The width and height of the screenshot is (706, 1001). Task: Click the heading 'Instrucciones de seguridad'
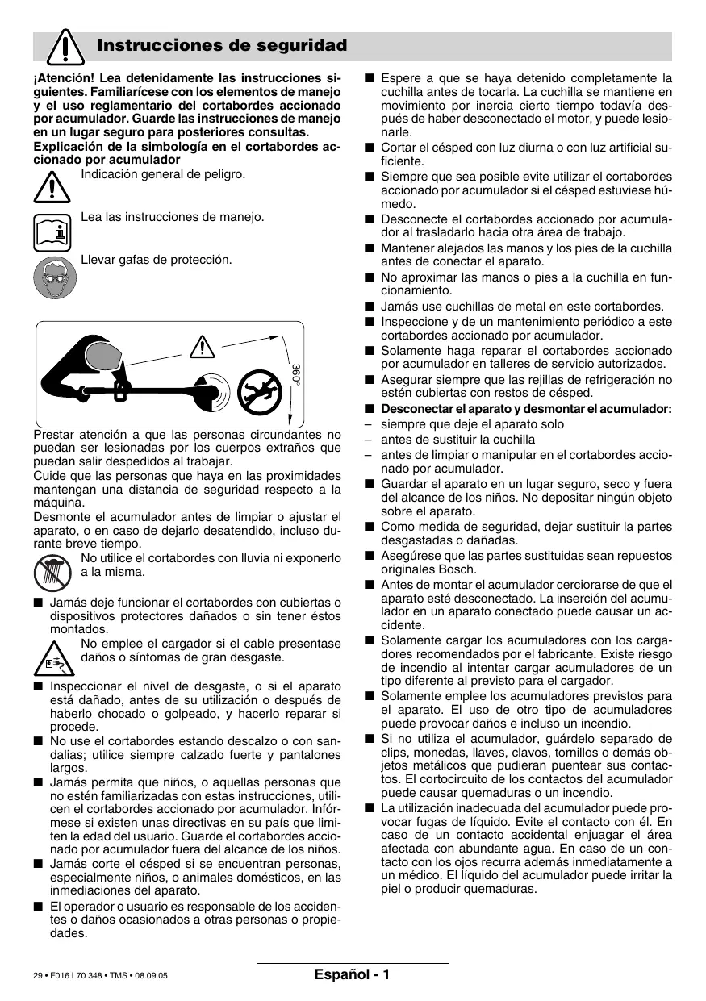222,46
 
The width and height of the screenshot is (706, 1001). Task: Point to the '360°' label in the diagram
295,374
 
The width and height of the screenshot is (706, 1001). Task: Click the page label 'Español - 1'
353,974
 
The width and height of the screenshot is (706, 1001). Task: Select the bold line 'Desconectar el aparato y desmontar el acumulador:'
526,409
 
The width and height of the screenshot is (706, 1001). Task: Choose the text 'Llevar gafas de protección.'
157,260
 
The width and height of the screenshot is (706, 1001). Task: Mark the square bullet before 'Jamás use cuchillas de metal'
369,306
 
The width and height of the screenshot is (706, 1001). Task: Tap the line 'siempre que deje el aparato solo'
472,424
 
